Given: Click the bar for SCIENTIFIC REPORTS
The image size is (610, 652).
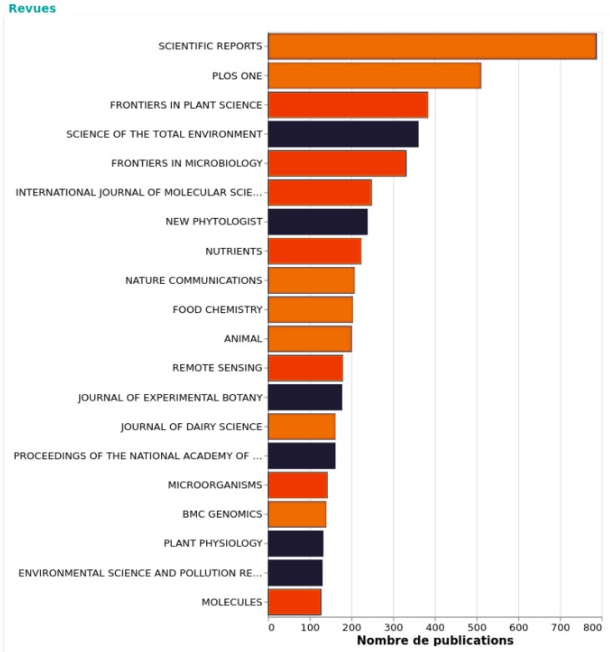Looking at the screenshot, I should tap(432, 47).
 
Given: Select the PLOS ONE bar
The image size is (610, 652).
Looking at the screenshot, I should tap(375, 76).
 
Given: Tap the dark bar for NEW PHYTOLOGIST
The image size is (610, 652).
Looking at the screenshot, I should tap(318, 222).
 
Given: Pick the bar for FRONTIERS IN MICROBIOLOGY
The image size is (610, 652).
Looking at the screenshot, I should tap(337, 164).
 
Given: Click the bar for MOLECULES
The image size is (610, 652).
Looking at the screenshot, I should tap(295, 602).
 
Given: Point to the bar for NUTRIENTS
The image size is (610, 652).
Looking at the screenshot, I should tap(315, 251).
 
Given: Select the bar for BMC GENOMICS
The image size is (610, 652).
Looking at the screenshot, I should tap(297, 514).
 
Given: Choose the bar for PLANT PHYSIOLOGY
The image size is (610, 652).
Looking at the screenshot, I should tap(295, 543).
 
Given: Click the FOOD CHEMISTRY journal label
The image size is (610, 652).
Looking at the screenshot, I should tap(217, 310).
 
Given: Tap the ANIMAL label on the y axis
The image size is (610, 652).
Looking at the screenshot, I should tap(243, 339).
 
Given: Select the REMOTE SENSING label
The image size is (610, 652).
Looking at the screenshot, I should tap(217, 368).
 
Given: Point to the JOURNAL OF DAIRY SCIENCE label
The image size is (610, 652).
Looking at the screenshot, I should tap(191, 427).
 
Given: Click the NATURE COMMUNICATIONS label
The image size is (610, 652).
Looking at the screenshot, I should tap(194, 281).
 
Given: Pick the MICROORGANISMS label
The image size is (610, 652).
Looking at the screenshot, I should tap(214, 485).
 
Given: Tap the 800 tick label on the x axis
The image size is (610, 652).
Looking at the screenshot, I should tap(592, 626).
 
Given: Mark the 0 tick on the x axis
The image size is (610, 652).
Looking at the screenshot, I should tap(270, 626).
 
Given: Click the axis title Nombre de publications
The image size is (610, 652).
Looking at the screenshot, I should tap(435, 641).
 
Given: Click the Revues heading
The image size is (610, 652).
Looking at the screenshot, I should tap(33, 8).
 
